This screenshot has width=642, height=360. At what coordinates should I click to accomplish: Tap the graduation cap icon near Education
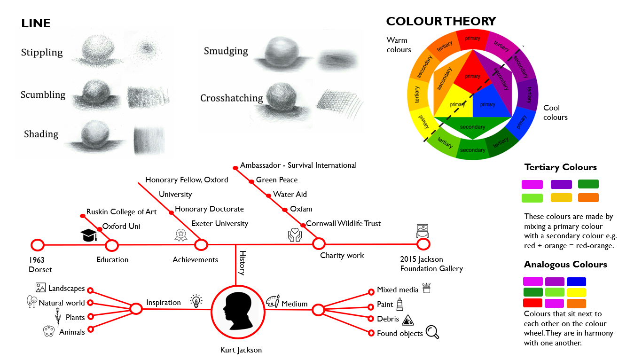pos(88,235)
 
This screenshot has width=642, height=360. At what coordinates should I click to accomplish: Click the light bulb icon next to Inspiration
pos(196,301)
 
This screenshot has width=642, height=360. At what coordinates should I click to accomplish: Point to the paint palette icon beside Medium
pos(273,302)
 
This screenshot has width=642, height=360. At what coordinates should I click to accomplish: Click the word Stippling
pos(42,52)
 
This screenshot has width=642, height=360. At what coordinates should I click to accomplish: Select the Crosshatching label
pos(231,98)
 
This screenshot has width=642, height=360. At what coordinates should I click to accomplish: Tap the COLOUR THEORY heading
pos(441,21)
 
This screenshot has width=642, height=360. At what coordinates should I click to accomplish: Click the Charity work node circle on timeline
pos(319,243)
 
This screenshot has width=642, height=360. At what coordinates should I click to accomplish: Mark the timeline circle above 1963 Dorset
pos(37,245)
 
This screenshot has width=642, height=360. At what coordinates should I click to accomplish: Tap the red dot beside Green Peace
pos(252,180)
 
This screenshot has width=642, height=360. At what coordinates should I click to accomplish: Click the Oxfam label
pos(301,209)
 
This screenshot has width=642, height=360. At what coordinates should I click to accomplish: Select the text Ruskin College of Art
pos(121,212)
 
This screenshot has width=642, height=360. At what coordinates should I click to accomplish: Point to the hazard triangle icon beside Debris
pos(408,320)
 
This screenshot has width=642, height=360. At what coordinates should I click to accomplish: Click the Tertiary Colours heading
pos(560,167)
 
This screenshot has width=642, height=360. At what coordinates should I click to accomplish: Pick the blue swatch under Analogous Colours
pos(576,282)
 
